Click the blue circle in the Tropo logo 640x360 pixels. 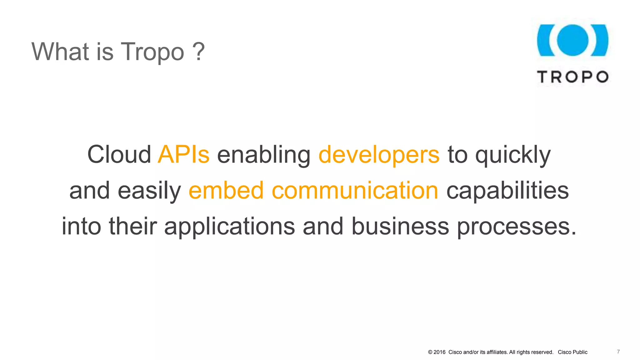click(572, 40)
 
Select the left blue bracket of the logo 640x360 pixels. click(545, 40)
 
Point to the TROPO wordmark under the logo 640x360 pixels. click(572, 77)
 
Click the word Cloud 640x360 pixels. click(119, 154)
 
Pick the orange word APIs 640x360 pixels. click(183, 154)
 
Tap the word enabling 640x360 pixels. click(264, 155)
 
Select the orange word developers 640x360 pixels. click(379, 155)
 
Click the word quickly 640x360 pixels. click(513, 155)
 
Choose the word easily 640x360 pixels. click(149, 191)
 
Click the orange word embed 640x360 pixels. click(226, 190)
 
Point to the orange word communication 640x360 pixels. click(355, 190)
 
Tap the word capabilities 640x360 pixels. click(507, 191)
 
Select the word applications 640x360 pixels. click(229, 227)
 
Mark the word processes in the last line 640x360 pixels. click(516, 227)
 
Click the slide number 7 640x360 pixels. click(618, 352)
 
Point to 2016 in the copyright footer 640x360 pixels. click(439, 352)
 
